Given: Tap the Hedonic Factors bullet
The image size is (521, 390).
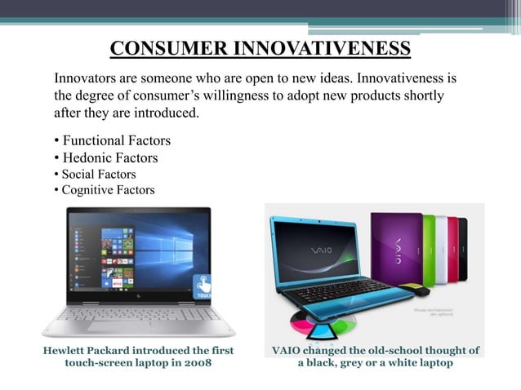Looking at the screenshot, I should tap(109, 158).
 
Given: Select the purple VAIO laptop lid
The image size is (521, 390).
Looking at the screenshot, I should tap(397, 248).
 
